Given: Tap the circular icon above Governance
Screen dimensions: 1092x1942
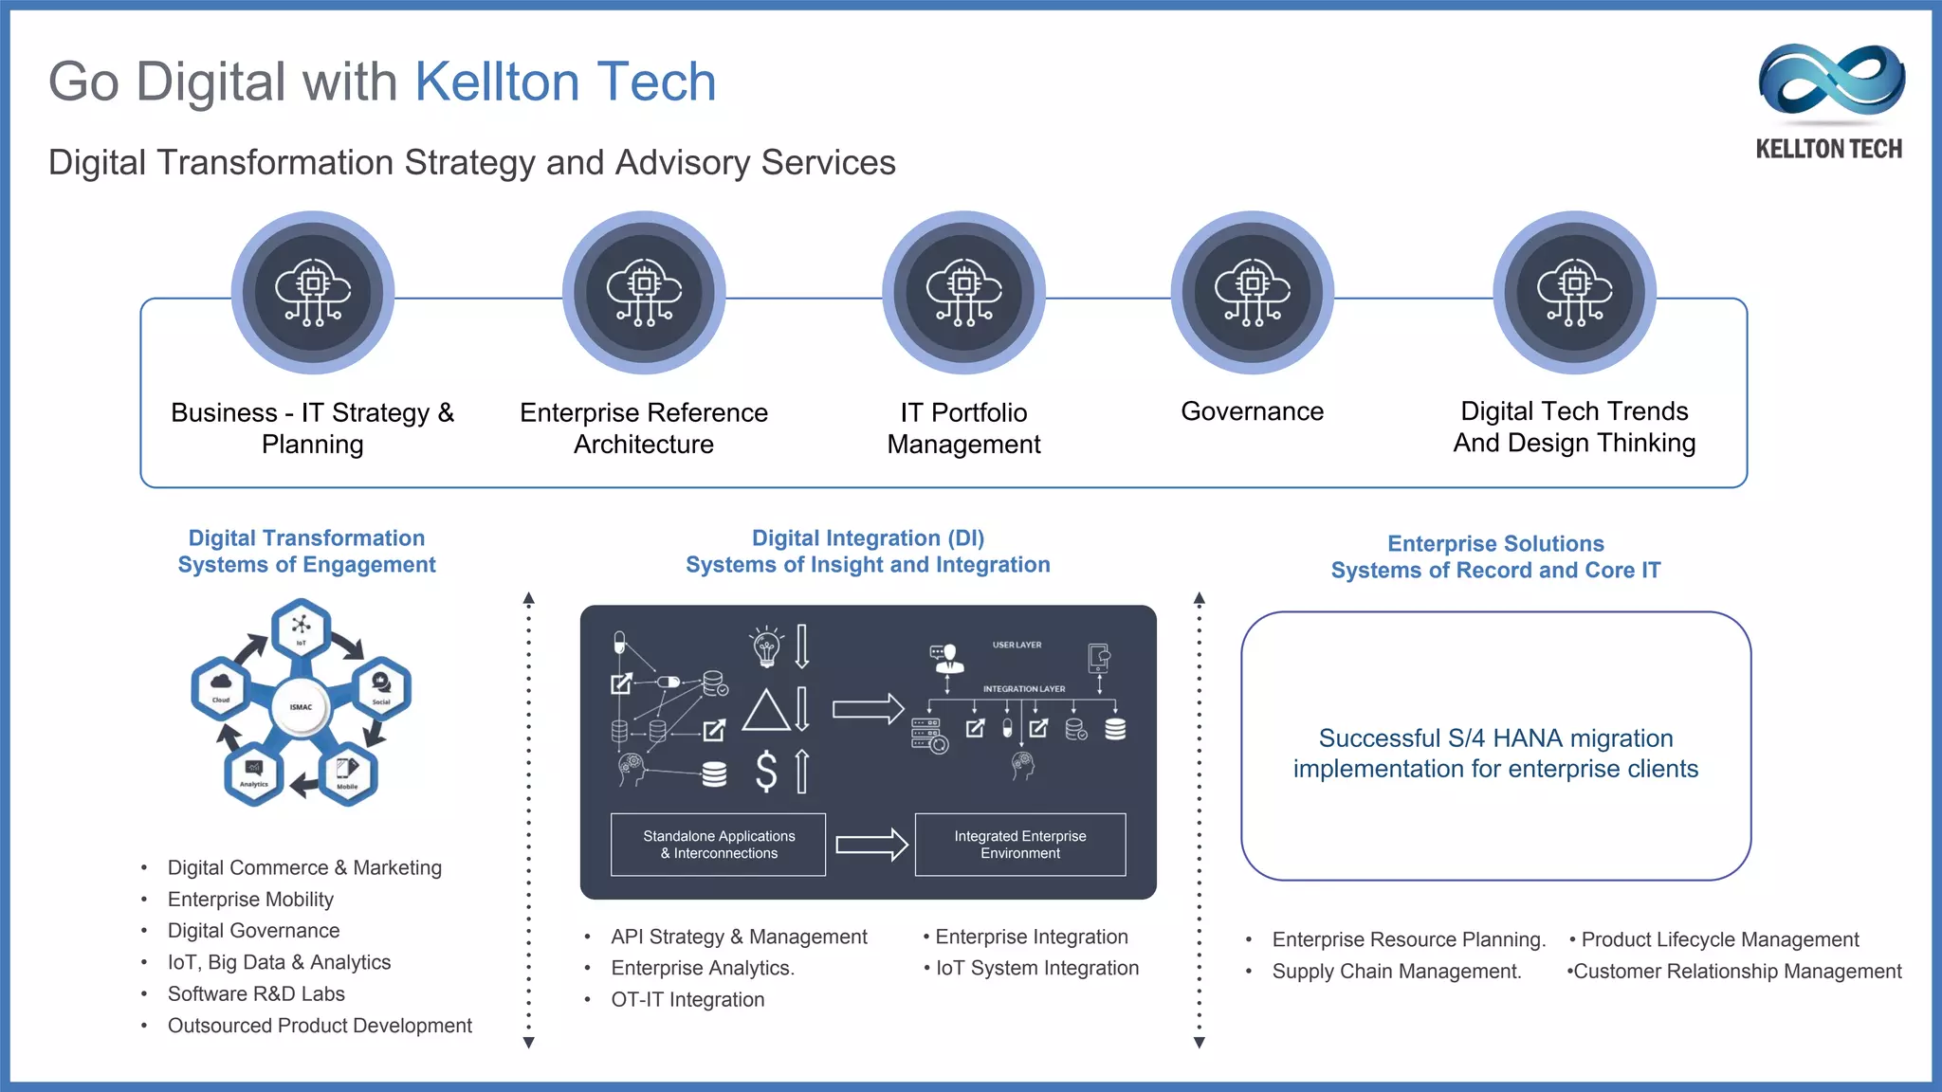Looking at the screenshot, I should click(x=1252, y=292).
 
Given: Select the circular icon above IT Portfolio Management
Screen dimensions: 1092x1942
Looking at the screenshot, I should click(x=963, y=292).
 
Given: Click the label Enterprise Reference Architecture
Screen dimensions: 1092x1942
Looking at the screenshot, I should click(x=644, y=428).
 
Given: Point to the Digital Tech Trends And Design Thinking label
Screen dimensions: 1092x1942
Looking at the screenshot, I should click(x=1574, y=427).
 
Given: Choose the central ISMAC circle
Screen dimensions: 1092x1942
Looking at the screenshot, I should click(x=301, y=707).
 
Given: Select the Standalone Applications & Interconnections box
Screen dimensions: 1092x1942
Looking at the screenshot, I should click(x=718, y=845).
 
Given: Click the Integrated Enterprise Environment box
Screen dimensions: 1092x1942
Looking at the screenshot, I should click(x=1020, y=845).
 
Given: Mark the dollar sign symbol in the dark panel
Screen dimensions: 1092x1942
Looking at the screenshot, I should click(x=766, y=771).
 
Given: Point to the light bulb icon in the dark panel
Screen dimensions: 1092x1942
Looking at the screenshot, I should click(x=766, y=646).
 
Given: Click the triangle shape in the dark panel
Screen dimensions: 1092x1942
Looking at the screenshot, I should click(x=766, y=710).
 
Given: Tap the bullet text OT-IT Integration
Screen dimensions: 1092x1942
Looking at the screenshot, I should click(x=687, y=999).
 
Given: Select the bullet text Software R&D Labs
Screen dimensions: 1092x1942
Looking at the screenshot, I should click(x=256, y=993).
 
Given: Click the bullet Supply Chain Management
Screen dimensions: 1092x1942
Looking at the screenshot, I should click(x=1396, y=972).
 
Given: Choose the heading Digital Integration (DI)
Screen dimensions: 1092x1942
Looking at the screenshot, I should click(x=868, y=538).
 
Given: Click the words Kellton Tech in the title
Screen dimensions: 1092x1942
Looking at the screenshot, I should click(x=565, y=82).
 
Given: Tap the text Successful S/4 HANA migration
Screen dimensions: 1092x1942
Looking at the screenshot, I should click(x=1495, y=738).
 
